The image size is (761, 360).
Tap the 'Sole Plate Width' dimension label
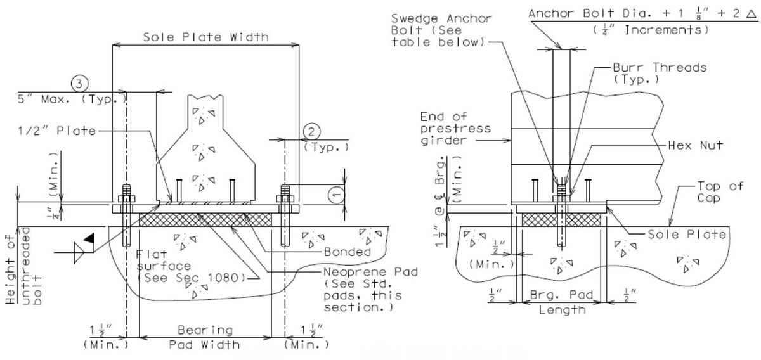tap(205, 37)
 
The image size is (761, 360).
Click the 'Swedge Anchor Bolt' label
tap(441, 30)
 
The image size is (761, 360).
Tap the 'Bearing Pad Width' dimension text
tap(205, 337)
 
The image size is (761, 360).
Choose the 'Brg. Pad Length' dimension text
tap(562, 303)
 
